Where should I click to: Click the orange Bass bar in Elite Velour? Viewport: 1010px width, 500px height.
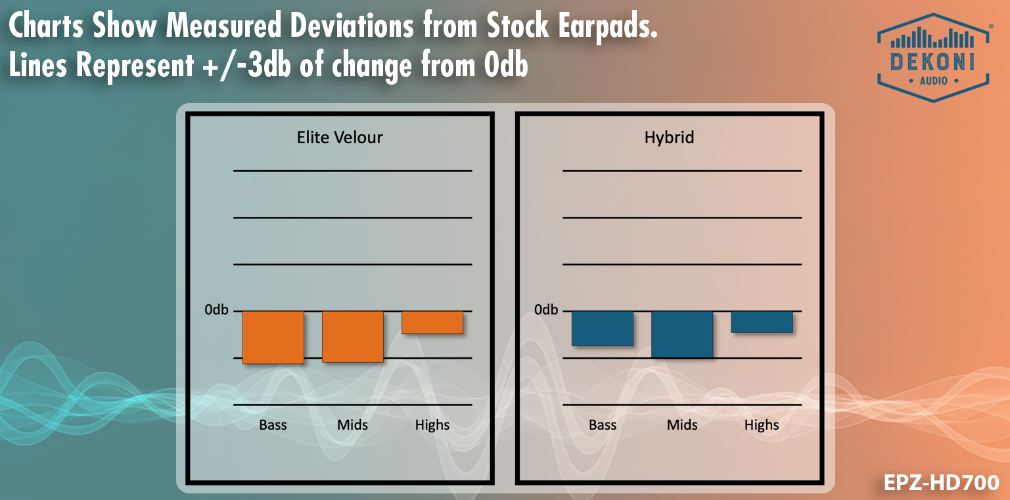click(273, 337)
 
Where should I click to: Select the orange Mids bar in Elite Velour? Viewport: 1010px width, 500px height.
click(352, 336)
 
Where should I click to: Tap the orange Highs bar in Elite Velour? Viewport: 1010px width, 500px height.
click(432, 322)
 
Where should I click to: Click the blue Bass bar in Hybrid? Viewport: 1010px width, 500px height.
click(602, 328)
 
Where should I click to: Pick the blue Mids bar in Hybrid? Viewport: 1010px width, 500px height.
click(682, 334)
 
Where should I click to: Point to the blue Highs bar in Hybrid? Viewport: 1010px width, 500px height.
click(762, 321)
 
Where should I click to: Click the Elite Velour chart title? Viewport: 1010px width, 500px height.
click(340, 137)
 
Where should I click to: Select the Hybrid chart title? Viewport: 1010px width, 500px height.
click(669, 137)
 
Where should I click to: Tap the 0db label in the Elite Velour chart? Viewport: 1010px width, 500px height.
click(216, 309)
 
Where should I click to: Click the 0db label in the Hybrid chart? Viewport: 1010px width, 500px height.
click(546, 309)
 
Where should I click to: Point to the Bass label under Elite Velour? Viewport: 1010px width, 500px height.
click(273, 425)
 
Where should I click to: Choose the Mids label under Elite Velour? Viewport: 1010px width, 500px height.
click(352, 425)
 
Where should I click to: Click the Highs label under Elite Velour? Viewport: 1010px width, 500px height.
click(432, 425)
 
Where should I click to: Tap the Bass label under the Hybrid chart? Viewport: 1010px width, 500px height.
click(602, 425)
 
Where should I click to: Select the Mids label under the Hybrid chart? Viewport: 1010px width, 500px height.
click(682, 425)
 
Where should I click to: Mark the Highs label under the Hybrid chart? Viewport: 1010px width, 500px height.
click(762, 425)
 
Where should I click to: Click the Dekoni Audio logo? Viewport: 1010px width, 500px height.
click(934, 58)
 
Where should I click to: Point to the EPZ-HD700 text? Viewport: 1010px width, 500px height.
click(941, 483)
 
